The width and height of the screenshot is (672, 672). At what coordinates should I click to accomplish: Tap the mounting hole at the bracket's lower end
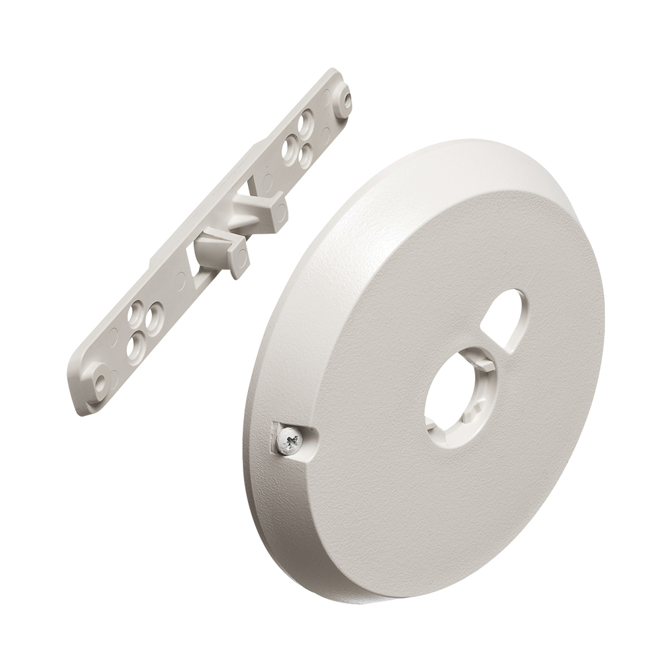tap(101, 380)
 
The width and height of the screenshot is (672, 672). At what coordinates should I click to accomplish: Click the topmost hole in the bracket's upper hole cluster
tap(306, 122)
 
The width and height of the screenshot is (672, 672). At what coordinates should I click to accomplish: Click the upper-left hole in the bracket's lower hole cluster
tap(137, 310)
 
